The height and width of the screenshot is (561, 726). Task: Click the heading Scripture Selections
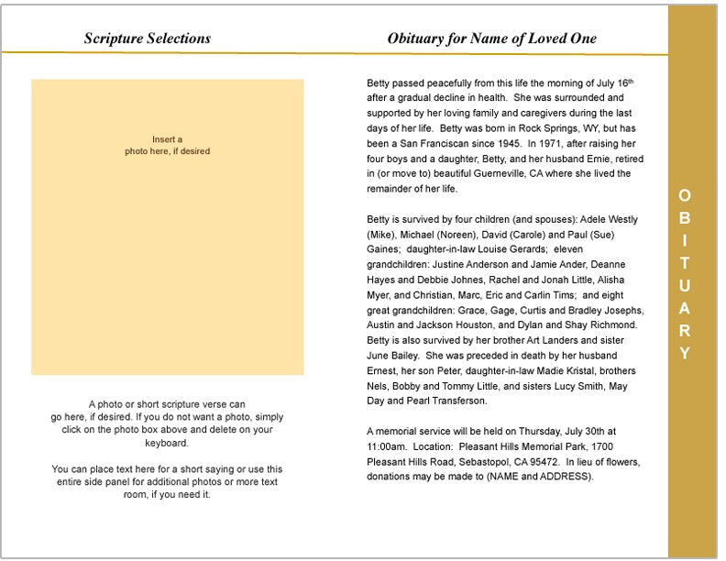(148, 38)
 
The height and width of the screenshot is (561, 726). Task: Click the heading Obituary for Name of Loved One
(492, 38)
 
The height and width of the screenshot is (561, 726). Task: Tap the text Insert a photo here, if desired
(168, 145)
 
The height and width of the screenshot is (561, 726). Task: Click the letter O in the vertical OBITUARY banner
(685, 195)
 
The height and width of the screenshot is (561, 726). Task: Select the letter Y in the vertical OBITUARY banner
(685, 353)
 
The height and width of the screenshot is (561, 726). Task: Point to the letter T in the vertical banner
(685, 262)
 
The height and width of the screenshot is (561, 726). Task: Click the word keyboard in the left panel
(167, 443)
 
